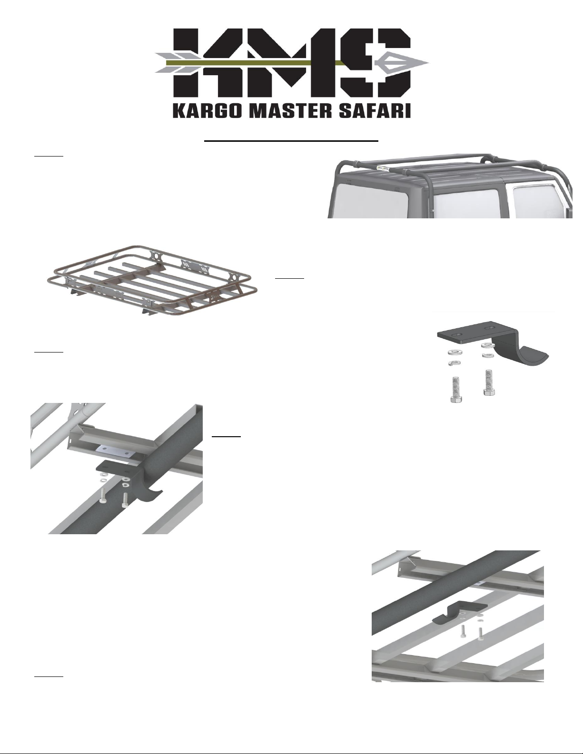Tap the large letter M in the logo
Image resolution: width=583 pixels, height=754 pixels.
[x=291, y=62]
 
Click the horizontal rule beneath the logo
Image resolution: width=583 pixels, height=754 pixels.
[x=291, y=141]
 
